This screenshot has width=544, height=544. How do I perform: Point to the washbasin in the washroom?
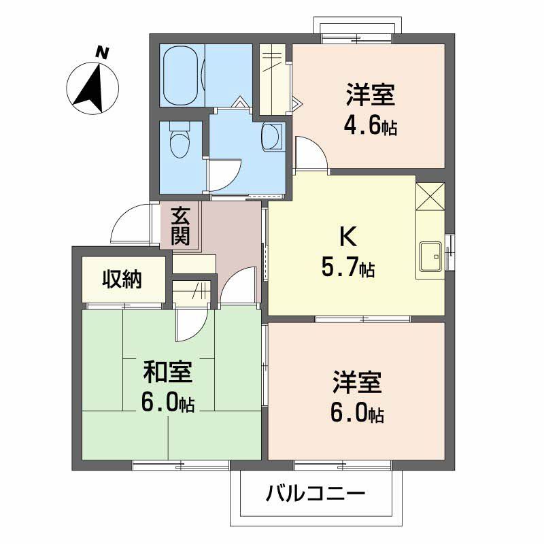[x=273, y=136]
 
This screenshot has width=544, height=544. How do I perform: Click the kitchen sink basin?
[x=431, y=255]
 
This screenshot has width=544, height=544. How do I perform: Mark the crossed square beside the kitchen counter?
[x=430, y=198]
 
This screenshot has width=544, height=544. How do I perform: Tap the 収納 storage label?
[x=122, y=279]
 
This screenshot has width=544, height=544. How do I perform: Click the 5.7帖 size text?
[x=347, y=269]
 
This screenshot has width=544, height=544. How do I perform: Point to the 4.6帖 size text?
[x=371, y=127]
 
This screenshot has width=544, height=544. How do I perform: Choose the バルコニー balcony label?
[x=316, y=493]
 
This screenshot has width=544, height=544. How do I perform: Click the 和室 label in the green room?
[x=167, y=372]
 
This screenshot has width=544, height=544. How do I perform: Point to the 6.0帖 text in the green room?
[x=167, y=403]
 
